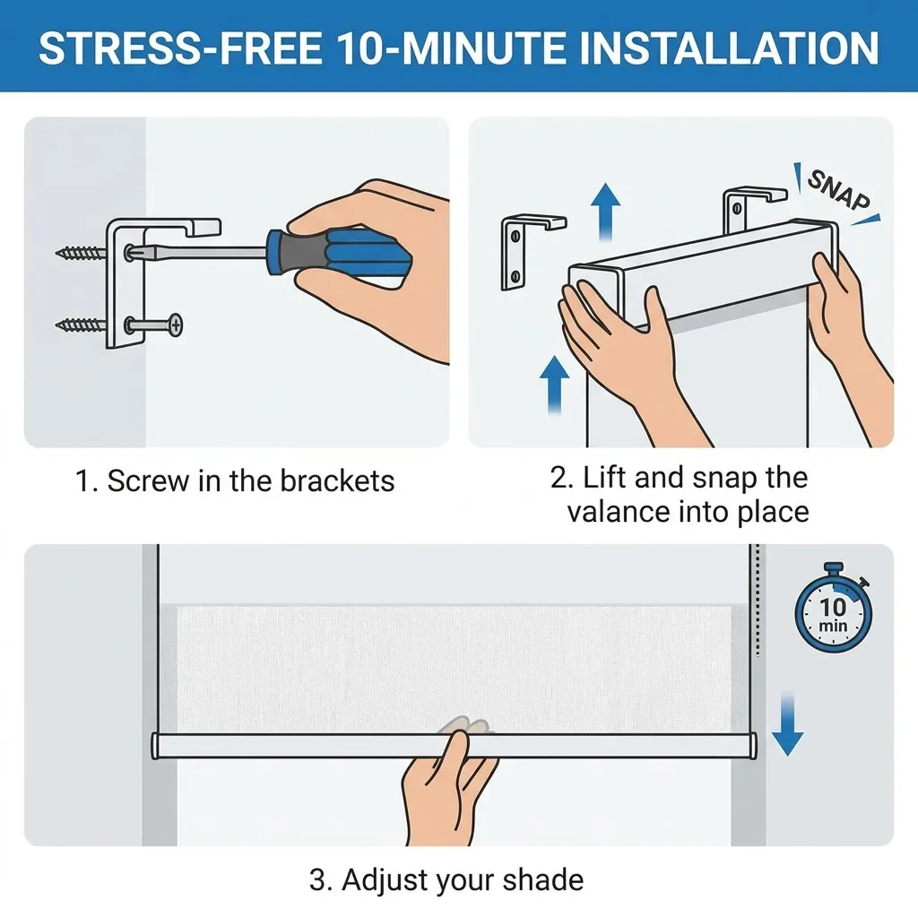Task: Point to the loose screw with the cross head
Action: [153, 325]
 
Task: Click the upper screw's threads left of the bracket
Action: [81, 253]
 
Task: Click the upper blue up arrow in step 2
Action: [605, 212]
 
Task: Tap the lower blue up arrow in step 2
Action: [554, 385]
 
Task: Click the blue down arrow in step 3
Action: [787, 723]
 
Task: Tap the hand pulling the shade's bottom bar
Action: [448, 784]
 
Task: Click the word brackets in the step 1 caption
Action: [337, 481]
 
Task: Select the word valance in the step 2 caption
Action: [619, 512]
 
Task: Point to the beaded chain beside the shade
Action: [757, 601]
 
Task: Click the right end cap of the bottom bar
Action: [753, 746]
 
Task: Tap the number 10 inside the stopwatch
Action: [833, 607]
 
